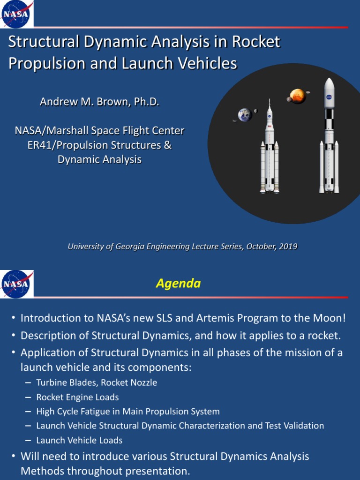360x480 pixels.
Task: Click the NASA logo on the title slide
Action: (x=16, y=14)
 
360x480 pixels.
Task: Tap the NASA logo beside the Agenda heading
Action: (x=17, y=284)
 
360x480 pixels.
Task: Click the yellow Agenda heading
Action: (x=178, y=284)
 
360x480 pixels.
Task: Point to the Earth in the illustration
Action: (x=245, y=115)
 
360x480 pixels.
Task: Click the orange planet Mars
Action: (x=298, y=96)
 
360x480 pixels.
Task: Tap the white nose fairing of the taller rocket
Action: (x=329, y=91)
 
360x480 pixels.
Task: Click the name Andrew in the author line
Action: (x=57, y=102)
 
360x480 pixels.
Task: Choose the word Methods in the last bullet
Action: (x=41, y=471)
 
